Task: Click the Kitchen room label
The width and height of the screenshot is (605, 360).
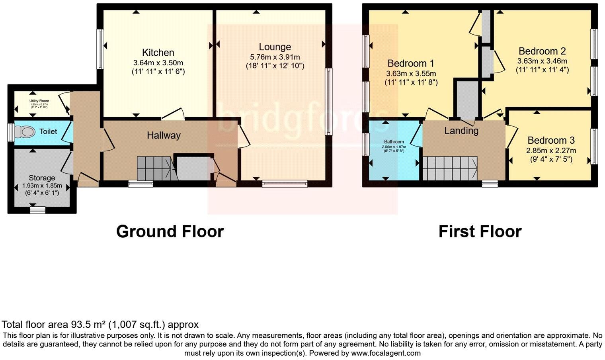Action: point(158,53)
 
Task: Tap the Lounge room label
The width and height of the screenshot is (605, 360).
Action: point(275,47)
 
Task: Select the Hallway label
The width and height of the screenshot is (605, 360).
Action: point(164,135)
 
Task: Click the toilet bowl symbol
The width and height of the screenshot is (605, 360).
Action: point(25,131)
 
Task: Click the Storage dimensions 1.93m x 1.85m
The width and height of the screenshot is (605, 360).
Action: point(41,186)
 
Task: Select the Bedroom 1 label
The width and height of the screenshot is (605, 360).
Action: point(411,63)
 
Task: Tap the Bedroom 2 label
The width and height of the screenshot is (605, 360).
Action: point(542,51)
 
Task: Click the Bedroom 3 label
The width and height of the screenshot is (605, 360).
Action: point(551,141)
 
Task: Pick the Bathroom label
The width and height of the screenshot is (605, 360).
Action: point(394,142)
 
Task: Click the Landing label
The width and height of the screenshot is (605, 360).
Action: point(461,131)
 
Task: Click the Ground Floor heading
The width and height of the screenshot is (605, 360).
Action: point(170,231)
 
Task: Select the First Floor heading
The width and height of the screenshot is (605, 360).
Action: point(480,231)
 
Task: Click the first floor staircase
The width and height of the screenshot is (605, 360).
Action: point(450,168)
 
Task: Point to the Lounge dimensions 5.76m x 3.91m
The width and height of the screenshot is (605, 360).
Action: point(275,57)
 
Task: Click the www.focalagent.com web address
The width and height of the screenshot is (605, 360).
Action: point(386,353)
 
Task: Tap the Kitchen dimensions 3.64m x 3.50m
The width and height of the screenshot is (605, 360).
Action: point(158,63)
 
